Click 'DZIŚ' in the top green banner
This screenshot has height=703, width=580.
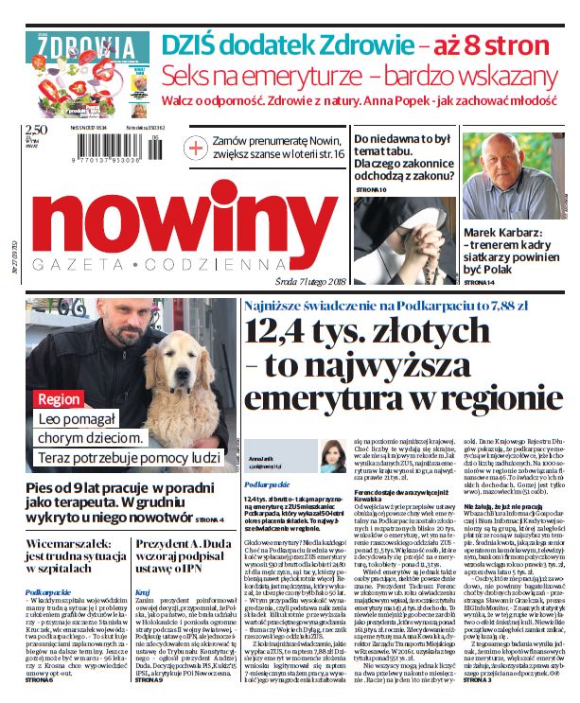coord(191,44)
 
